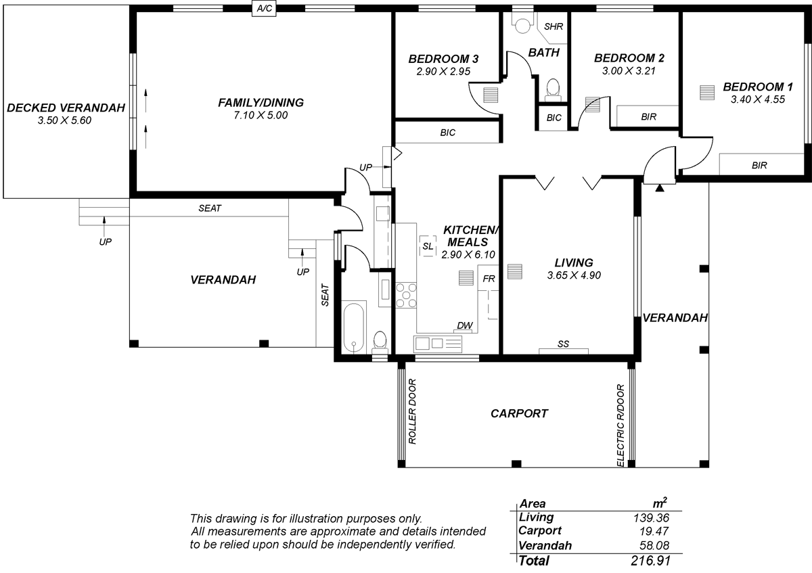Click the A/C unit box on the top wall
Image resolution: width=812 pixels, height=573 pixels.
coord(264,8)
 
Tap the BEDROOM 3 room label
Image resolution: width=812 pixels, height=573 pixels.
coord(443,59)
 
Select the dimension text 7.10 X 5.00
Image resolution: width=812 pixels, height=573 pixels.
coord(261,115)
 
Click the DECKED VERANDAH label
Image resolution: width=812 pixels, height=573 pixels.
coord(66,108)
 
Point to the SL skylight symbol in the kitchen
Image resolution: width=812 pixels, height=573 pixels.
coord(428,246)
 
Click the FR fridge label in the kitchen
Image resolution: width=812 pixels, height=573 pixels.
coord(489,279)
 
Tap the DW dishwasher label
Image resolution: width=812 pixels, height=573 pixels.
coord(465,325)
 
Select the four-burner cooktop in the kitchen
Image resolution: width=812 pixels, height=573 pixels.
coord(406,296)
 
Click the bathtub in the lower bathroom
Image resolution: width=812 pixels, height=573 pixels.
coord(353,327)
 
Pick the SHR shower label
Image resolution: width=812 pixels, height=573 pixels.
coord(554,26)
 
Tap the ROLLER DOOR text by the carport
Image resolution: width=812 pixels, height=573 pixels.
coord(413,411)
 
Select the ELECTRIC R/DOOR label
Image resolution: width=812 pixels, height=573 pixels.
coord(621,426)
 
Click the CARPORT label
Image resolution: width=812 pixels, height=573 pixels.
coord(519,413)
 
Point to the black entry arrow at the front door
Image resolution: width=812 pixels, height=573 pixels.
coord(660,188)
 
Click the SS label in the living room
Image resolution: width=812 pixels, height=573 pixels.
coord(563,344)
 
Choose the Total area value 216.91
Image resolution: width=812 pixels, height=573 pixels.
coord(651,561)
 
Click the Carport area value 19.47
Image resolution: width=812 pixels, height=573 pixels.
coord(654,531)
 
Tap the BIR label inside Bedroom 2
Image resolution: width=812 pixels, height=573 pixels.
coord(648,117)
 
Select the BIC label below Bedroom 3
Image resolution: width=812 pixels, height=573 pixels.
coord(448,133)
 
